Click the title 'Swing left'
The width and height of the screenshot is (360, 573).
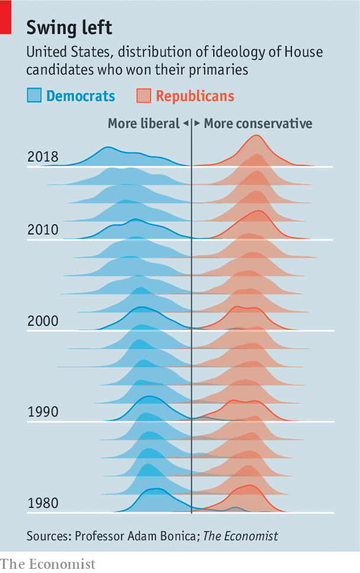69,28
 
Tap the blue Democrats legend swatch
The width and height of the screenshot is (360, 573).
34,96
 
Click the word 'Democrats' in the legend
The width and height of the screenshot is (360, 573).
81,96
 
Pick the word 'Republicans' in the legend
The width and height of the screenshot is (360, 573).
195,96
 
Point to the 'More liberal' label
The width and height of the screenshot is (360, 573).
143,123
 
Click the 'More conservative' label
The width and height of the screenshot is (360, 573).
258,123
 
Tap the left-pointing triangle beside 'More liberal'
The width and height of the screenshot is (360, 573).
185,123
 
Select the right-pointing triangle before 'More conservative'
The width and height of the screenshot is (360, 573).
197,123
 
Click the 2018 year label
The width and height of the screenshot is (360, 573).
43,157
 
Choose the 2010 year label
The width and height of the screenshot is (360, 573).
43,230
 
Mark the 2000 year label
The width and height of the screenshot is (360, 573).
43,321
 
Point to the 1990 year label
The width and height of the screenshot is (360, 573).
43,412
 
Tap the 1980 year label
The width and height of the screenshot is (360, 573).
43,504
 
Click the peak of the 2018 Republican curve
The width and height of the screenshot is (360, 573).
256,135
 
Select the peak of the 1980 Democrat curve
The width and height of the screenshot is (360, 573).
155,489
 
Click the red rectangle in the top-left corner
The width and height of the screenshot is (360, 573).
5,17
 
